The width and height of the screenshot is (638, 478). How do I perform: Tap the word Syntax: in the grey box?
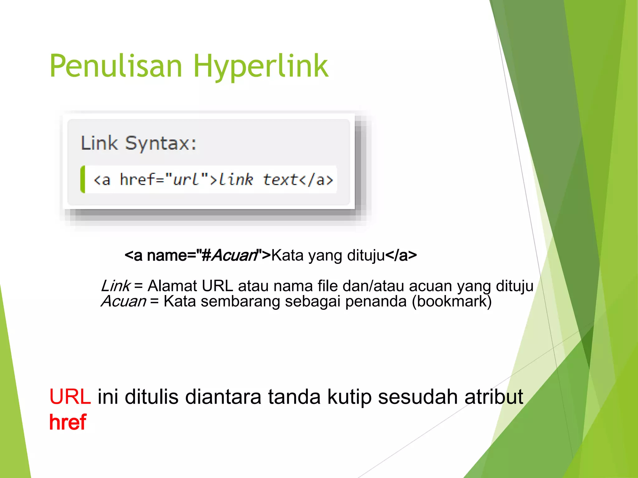click(x=161, y=144)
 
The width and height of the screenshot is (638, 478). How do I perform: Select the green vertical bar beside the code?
click(x=83, y=180)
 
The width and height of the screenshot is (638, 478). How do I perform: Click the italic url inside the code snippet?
click(x=186, y=180)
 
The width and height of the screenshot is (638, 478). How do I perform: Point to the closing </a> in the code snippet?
click(x=316, y=180)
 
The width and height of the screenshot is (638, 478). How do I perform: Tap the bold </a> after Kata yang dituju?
click(x=401, y=255)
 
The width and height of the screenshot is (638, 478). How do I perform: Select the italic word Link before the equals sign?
click(x=116, y=286)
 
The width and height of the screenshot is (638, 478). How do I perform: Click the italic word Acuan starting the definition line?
click(x=123, y=301)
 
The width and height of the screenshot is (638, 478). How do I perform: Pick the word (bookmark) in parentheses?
click(x=452, y=301)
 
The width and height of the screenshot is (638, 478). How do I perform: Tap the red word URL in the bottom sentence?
click(x=70, y=397)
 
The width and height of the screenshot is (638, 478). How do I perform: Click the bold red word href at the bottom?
click(x=68, y=423)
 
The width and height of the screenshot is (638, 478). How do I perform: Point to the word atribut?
click(x=494, y=397)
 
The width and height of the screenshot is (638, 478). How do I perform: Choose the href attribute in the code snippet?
click(x=137, y=180)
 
